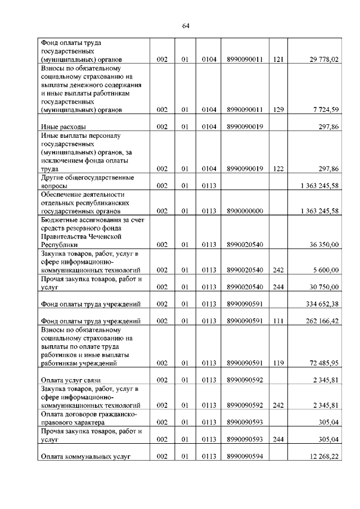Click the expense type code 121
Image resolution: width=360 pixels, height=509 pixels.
tap(278, 59)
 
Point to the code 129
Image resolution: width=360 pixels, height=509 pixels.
tap(278, 110)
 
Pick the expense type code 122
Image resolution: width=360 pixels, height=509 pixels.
tap(278, 169)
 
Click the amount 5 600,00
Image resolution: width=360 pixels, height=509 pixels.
tap(324, 270)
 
